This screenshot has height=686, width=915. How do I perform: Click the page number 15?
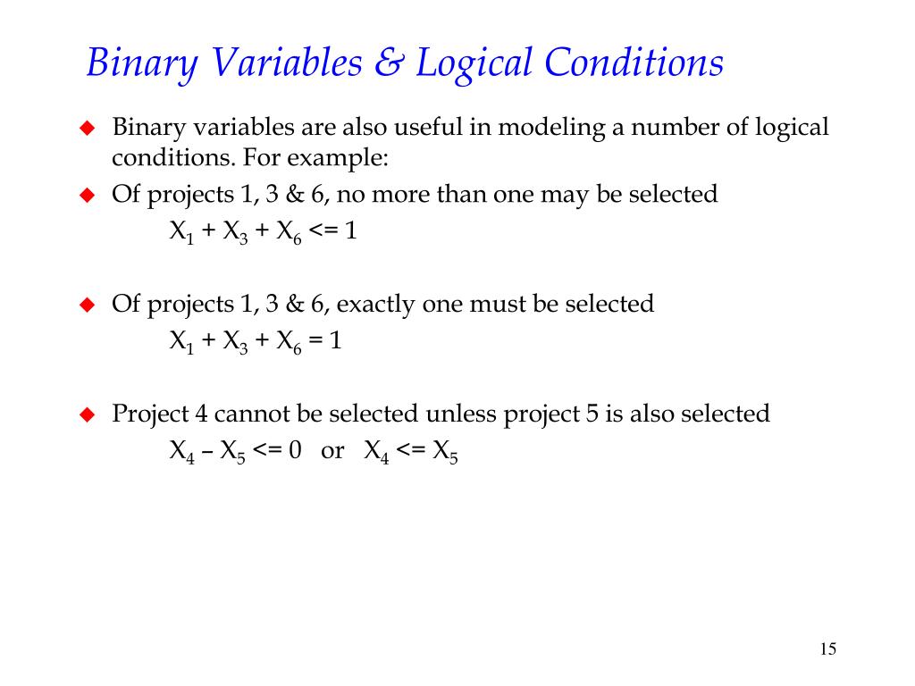[x=827, y=649]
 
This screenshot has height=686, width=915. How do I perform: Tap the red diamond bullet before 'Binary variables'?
[x=87, y=128]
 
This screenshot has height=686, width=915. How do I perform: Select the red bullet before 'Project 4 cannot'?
[x=87, y=414]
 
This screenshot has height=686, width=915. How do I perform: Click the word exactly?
[x=375, y=305]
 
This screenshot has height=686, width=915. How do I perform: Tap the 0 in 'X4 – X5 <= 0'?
[x=296, y=450]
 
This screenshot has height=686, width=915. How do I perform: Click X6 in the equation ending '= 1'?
[x=288, y=342]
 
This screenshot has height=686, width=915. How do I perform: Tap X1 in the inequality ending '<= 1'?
[x=182, y=232]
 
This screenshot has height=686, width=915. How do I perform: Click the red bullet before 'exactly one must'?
[x=87, y=305]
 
